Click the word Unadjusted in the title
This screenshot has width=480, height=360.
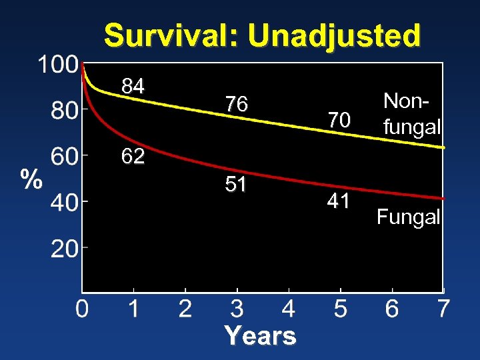[x=335, y=35]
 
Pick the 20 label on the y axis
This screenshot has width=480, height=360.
[x=65, y=249]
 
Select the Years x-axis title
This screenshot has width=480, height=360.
[x=260, y=336]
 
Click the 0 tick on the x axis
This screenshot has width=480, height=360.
[x=81, y=309]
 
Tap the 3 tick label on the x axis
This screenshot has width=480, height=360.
[x=237, y=309]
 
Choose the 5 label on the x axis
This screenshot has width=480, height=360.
[x=340, y=309]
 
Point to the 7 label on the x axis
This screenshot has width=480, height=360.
[x=443, y=309]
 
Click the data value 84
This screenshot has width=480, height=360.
[x=133, y=85]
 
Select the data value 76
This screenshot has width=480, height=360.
[x=236, y=105]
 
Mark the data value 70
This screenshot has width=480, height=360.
[x=339, y=120]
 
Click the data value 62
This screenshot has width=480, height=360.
[x=133, y=157]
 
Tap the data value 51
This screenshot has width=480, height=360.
[x=236, y=184]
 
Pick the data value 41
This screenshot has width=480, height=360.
[x=339, y=201]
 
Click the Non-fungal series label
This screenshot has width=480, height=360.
[x=411, y=113]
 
